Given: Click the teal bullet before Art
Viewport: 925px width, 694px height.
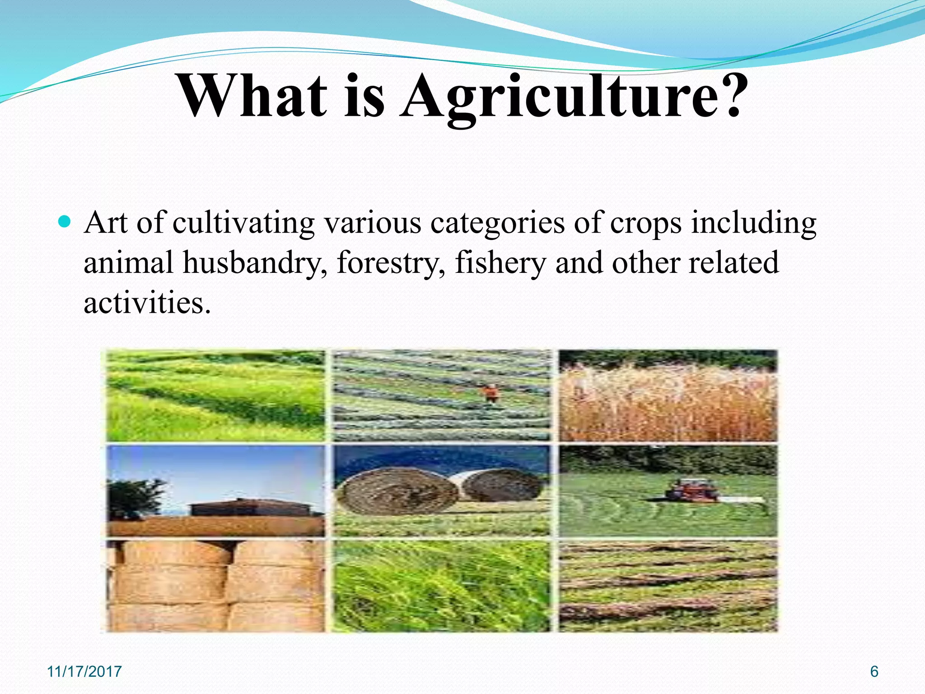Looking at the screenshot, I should point(65,222).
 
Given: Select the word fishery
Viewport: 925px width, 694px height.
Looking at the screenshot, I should point(500,263).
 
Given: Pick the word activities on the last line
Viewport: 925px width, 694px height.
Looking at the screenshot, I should point(147,302).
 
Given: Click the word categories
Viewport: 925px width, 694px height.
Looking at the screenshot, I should point(497,223).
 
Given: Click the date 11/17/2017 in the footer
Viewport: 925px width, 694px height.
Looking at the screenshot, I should point(84,671).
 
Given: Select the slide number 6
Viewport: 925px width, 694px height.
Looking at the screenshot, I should point(874,671).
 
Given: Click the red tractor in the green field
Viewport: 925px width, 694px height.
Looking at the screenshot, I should point(692,490).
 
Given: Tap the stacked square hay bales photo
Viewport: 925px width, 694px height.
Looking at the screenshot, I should point(216,586).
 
